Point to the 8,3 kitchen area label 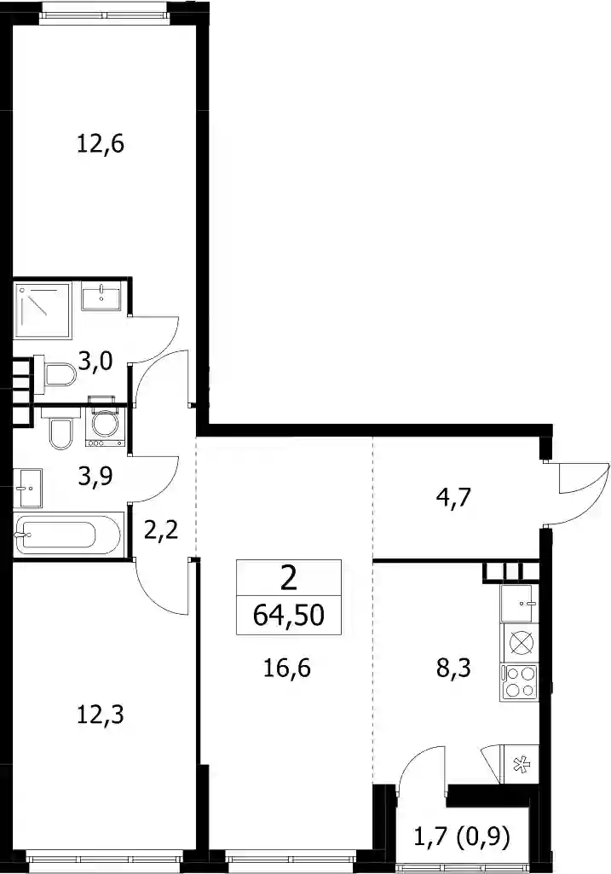[453, 667]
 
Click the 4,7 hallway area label [453, 496]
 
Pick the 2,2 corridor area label [161, 530]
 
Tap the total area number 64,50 [288, 616]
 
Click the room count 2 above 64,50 [288, 580]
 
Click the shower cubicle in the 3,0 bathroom [43, 310]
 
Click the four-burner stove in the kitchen [519, 681]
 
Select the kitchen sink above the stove [519, 603]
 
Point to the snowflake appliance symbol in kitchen [519, 766]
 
